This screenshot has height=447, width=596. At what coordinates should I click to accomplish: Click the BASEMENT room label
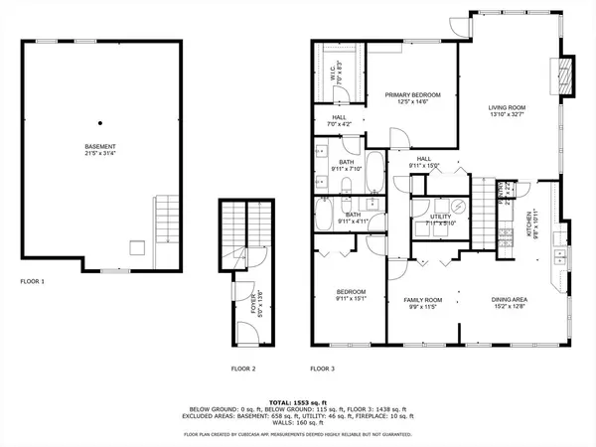[x=99, y=146]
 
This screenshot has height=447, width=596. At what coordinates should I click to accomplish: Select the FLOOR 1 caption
[x=33, y=282]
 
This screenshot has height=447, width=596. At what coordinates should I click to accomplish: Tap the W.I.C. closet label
[x=336, y=71]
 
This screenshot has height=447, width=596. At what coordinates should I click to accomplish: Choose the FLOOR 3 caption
[x=323, y=369]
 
